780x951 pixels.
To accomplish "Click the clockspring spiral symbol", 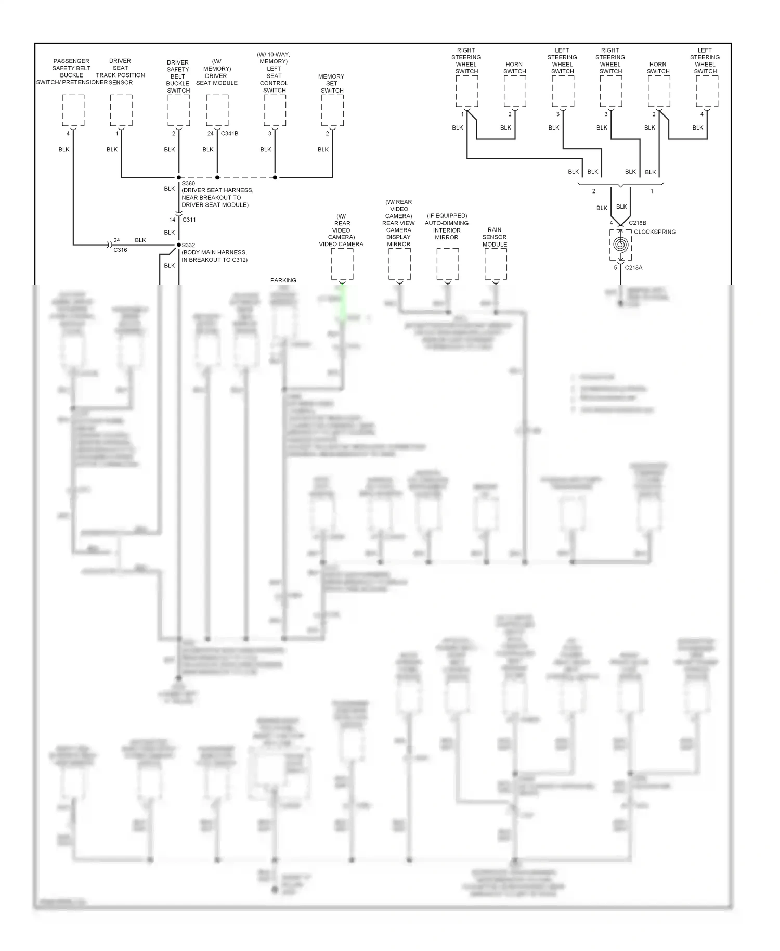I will [x=620, y=244].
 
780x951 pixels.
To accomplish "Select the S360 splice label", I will [x=188, y=183].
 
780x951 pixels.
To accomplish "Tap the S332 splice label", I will [x=188, y=245].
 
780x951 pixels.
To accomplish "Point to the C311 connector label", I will [x=189, y=220].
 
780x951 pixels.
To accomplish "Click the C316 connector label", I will [x=120, y=250].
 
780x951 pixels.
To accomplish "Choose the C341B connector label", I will [x=229, y=134].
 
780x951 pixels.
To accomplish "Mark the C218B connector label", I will [x=637, y=223].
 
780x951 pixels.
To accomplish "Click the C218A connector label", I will [x=633, y=268].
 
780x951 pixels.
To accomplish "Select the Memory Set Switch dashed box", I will [x=332, y=110].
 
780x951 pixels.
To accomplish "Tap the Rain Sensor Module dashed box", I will [x=496, y=264].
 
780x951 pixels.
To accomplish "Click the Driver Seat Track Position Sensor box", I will [x=121, y=110].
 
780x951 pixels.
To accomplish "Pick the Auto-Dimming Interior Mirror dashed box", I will [x=448, y=264].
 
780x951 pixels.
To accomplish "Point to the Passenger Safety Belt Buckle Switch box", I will [x=73, y=110].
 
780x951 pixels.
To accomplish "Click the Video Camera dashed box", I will [x=342, y=264].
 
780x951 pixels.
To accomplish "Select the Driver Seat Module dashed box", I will [x=217, y=110].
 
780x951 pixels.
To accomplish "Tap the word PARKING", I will [x=283, y=280].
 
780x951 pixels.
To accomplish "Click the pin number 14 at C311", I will [x=172, y=220].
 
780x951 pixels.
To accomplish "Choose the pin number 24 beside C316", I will [x=116, y=240].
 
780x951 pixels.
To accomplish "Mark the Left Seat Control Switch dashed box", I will [x=275, y=110].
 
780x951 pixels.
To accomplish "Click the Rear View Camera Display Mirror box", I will [x=400, y=264].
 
